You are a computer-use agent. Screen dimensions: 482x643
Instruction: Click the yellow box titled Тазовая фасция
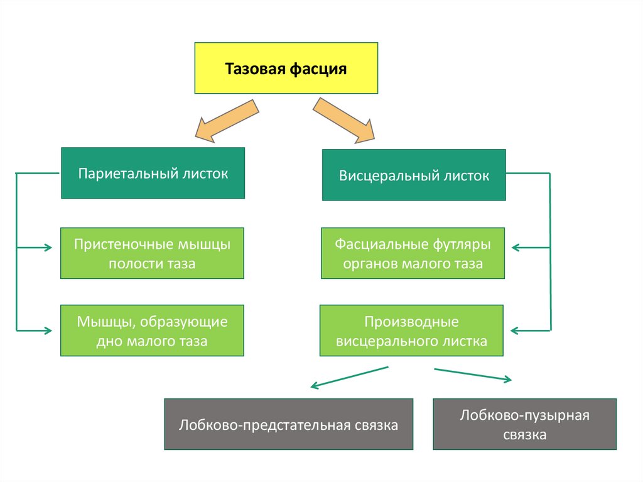click(286, 68)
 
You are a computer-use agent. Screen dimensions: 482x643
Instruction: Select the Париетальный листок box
click(153, 173)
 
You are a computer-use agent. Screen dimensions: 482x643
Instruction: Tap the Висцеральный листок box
click(414, 175)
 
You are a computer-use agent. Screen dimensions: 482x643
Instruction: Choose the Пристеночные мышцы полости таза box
click(152, 253)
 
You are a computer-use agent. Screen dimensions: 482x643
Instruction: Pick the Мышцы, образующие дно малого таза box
click(152, 331)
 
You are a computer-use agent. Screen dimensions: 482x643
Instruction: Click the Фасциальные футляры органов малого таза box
click(413, 253)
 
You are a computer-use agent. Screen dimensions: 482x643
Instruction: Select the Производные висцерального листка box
click(411, 331)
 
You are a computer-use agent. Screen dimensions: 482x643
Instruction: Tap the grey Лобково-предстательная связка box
click(288, 424)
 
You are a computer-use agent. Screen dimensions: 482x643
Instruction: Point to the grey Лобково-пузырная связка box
click(524, 424)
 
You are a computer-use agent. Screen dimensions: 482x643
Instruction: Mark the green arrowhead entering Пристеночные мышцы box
click(49, 248)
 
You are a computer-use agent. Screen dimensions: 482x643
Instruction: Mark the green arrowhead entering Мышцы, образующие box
click(49, 329)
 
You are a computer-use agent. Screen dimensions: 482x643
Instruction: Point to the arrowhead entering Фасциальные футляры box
click(516, 248)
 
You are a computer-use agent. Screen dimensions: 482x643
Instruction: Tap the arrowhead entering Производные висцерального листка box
click(516, 329)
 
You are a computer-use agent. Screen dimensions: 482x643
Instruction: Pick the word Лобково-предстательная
click(264, 425)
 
